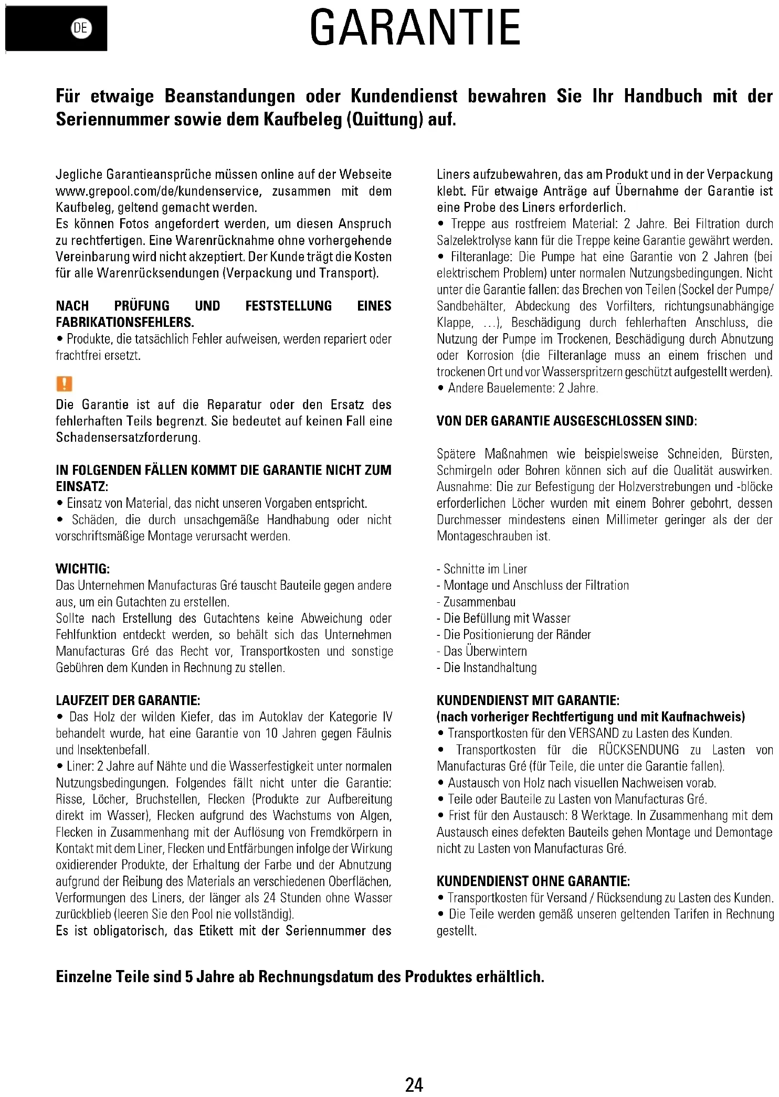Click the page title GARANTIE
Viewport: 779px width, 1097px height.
click(x=415, y=28)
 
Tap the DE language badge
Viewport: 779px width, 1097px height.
click(x=81, y=28)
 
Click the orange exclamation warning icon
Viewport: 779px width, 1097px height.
click(x=64, y=384)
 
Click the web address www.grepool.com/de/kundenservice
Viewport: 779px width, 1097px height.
click(x=158, y=191)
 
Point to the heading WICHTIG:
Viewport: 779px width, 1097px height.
click(x=83, y=569)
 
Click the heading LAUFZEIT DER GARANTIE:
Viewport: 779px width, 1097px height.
click(x=128, y=700)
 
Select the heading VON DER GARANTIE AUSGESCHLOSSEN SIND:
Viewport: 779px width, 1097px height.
click(x=567, y=421)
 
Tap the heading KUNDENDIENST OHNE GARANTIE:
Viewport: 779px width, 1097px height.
click(x=533, y=881)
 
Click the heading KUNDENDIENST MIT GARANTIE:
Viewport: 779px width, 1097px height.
click(x=528, y=700)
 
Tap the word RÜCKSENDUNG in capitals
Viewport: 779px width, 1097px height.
click(x=638, y=750)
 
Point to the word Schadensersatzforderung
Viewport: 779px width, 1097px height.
click(x=128, y=438)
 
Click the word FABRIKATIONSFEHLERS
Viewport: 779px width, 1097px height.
click(x=125, y=322)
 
